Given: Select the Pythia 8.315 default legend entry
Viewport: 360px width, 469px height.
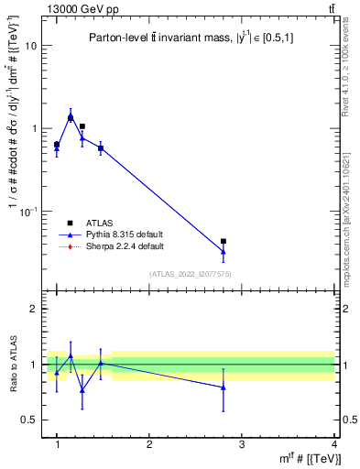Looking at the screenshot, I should [118, 234].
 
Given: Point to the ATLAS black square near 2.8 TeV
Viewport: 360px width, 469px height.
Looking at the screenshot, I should [224, 242].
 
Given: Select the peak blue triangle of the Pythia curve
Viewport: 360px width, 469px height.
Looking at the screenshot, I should [71, 116].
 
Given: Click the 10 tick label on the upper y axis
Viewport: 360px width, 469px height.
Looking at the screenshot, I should [31, 46].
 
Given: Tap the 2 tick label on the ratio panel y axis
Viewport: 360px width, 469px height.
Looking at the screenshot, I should [35, 309].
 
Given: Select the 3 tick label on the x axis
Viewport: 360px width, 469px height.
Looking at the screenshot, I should [242, 445].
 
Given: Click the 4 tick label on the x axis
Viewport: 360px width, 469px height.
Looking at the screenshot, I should [334, 445].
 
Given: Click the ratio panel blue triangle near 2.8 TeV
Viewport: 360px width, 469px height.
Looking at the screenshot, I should [224, 387].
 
